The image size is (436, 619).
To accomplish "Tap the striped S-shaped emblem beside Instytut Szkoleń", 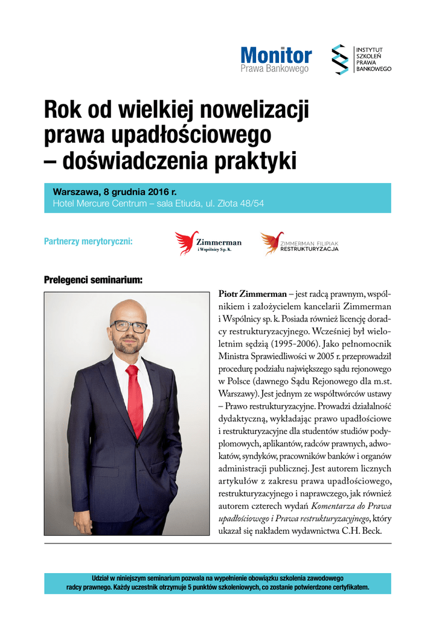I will (341, 59).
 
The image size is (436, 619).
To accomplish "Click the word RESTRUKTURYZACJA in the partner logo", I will (309, 249).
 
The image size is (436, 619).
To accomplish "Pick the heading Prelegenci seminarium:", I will (93, 280).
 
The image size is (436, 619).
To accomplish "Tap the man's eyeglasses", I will (129, 326).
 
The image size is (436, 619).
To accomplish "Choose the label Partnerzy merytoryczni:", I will (88, 242).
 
